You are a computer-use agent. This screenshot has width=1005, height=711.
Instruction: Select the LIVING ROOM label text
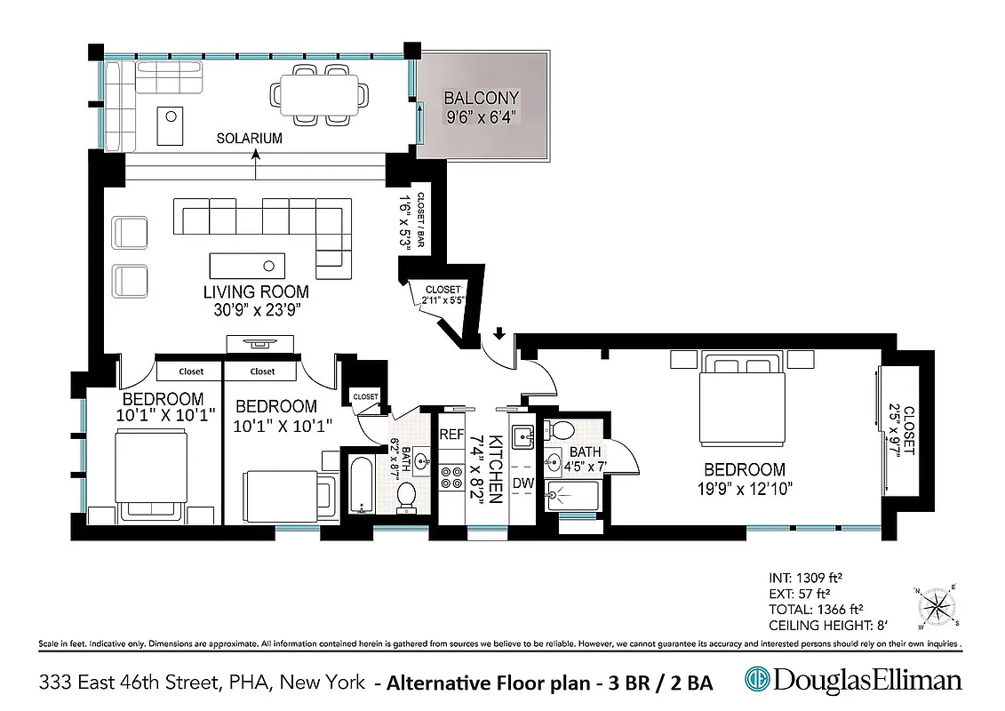(256, 292)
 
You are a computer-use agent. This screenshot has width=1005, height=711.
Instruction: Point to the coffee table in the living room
(248, 265)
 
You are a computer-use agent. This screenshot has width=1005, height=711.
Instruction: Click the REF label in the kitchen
(452, 435)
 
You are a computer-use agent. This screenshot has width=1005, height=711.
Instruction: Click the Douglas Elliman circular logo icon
(757, 681)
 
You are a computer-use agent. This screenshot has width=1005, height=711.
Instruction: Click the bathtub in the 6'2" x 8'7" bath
(361, 485)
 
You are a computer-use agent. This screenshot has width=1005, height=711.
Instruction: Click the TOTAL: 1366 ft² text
(814, 610)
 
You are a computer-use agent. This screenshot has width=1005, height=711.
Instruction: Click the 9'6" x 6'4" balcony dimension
(481, 116)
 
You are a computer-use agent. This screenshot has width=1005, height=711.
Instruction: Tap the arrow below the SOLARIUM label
(256, 154)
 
